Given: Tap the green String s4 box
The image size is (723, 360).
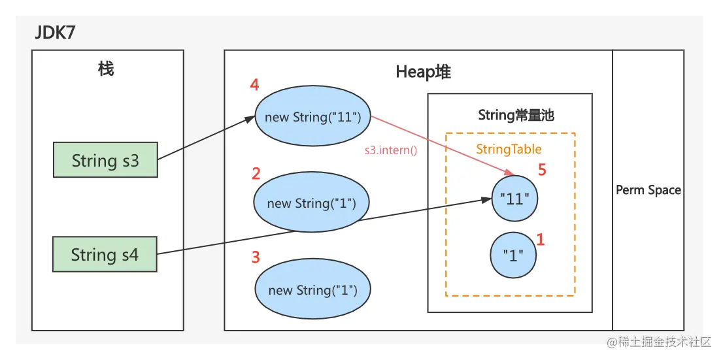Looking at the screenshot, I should click(x=105, y=255).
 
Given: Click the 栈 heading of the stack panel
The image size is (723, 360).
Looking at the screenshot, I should click(x=106, y=69).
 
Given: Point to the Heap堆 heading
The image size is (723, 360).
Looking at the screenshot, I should click(x=423, y=73).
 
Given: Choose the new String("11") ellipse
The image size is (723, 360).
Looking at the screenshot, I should click(x=312, y=118).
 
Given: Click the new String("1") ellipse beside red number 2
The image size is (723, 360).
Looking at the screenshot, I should click(x=311, y=203).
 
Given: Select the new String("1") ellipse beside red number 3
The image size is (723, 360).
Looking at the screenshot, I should click(x=312, y=290).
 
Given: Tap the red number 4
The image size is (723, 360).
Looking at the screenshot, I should click(x=255, y=86).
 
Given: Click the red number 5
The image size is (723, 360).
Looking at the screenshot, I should click(x=541, y=171).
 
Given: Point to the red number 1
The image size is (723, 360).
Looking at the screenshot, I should click(x=540, y=240).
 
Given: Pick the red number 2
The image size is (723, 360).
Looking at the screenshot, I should click(x=256, y=174).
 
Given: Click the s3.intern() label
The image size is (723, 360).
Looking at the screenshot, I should click(x=391, y=150).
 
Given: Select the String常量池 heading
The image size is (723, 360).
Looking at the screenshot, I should click(x=516, y=116).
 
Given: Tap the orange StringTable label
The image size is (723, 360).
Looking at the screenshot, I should click(x=509, y=150).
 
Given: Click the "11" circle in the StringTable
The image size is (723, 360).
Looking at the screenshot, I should click(x=514, y=199).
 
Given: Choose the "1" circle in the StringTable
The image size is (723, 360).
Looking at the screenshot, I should click(x=513, y=255).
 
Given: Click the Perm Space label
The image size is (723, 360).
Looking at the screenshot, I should click(x=648, y=190).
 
